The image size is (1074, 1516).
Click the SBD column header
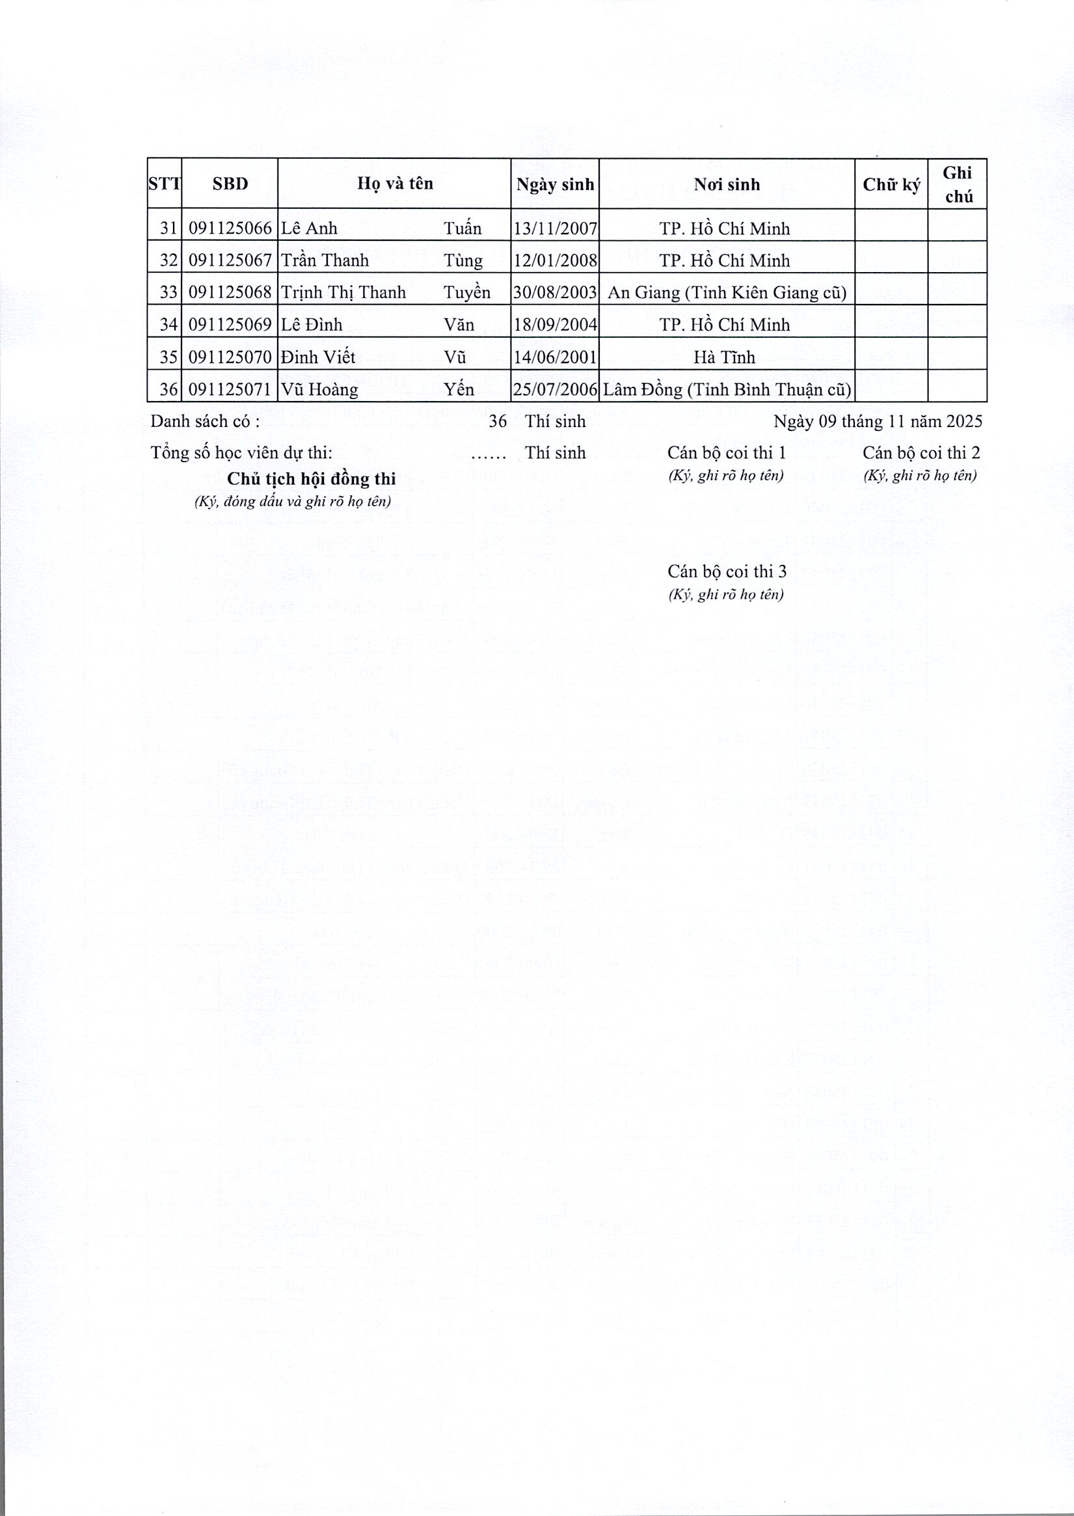(230, 184)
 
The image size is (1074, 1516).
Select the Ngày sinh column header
(555, 185)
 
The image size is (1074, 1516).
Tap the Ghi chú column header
(958, 185)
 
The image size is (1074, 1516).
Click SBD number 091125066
(230, 228)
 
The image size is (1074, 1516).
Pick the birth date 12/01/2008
(555, 261)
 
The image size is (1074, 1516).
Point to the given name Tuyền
(467, 292)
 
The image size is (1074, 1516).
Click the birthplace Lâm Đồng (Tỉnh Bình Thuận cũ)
(726, 389)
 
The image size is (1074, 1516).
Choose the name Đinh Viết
(318, 357)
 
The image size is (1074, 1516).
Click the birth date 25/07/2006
(555, 389)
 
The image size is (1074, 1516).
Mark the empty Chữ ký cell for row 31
(891, 228)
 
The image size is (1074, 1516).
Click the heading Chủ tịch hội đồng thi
(311, 479)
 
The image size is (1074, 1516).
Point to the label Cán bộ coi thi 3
(727, 571)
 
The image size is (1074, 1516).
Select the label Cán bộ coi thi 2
(921, 452)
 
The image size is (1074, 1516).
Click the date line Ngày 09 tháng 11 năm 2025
(878, 422)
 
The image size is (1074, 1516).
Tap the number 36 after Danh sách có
(498, 422)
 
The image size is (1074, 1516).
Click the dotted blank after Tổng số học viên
(489, 454)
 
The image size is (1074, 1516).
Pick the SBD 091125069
(230, 325)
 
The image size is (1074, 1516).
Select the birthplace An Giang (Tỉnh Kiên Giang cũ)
(726, 292)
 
